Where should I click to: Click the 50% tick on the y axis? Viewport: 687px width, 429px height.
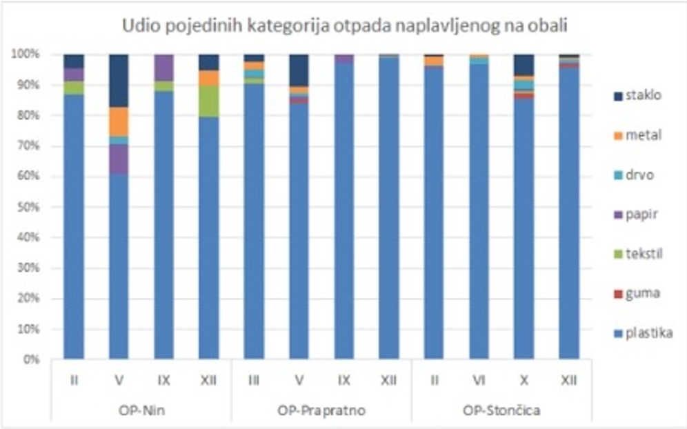(27, 207)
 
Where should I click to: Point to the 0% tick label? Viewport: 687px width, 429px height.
(30, 360)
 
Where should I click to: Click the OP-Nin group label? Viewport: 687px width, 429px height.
(141, 411)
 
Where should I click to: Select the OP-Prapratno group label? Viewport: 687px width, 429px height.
(321, 411)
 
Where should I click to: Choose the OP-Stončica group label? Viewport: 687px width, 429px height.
(501, 411)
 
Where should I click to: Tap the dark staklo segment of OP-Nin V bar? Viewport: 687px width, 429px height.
(119, 81)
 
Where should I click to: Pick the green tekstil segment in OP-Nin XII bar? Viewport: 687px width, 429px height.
(208, 101)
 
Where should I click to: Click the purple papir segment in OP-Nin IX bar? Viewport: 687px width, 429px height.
(163, 68)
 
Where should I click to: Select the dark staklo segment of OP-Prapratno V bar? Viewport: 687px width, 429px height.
(299, 70)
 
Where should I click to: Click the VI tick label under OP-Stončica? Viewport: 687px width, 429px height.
(479, 379)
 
